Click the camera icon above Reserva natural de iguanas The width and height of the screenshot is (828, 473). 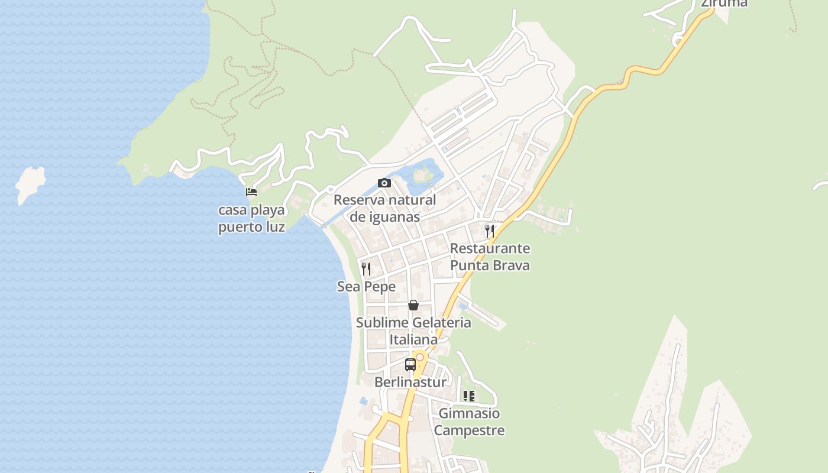point(384,183)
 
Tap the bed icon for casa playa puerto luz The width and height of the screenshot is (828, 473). point(251,192)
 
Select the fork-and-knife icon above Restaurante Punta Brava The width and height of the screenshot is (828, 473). point(489,231)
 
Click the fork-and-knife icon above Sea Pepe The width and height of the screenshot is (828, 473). point(366,269)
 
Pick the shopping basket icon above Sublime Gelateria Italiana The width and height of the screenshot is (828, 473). point(413,305)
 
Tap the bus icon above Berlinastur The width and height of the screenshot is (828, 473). point(410,364)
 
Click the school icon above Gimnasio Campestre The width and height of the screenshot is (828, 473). point(469,396)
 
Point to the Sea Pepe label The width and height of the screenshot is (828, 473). point(366,287)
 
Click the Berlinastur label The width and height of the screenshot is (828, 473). point(410,382)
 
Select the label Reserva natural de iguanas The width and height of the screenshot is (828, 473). point(384,208)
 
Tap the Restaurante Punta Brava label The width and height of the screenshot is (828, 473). point(490,257)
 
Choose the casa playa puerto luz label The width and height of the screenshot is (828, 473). point(251,218)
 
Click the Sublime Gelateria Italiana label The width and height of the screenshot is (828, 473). point(413,331)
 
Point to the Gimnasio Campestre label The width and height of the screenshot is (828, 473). point(469,422)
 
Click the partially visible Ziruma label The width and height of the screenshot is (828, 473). point(724,4)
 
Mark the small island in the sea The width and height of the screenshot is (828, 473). point(30,184)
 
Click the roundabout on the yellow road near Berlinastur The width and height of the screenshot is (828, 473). point(420,357)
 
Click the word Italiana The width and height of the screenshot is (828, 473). point(413,340)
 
